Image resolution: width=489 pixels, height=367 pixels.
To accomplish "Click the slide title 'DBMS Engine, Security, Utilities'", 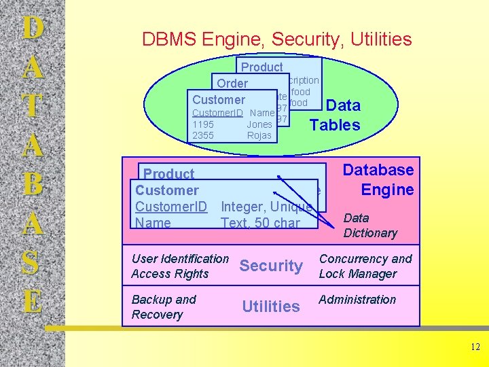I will click(276, 39).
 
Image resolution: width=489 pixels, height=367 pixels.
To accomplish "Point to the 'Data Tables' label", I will click(336, 115).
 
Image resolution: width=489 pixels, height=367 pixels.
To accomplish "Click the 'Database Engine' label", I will click(378, 179).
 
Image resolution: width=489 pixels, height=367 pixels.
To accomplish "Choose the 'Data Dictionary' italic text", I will click(370, 226).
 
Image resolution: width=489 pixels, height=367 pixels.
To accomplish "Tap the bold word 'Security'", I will click(271, 266).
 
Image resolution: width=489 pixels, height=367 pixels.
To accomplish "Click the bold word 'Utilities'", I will click(271, 307).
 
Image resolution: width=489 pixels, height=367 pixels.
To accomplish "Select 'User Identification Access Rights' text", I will click(180, 266).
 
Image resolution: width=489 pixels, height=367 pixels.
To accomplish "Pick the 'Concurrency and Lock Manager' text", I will click(365, 266).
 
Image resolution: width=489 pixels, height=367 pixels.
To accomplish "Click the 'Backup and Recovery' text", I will click(164, 307).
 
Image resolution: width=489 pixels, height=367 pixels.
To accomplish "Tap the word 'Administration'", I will click(357, 299).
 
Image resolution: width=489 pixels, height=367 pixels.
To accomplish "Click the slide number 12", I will click(475, 347).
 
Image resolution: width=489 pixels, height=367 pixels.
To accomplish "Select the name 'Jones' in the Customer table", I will click(259, 124).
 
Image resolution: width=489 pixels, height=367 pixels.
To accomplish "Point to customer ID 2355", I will click(203, 135).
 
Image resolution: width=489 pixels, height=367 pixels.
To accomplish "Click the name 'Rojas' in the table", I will click(259, 135).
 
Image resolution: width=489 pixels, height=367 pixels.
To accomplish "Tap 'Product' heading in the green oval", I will click(261, 67).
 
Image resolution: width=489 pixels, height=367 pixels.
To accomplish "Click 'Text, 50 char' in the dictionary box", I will click(260, 222).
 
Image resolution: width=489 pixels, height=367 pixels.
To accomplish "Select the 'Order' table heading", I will click(232, 84).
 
